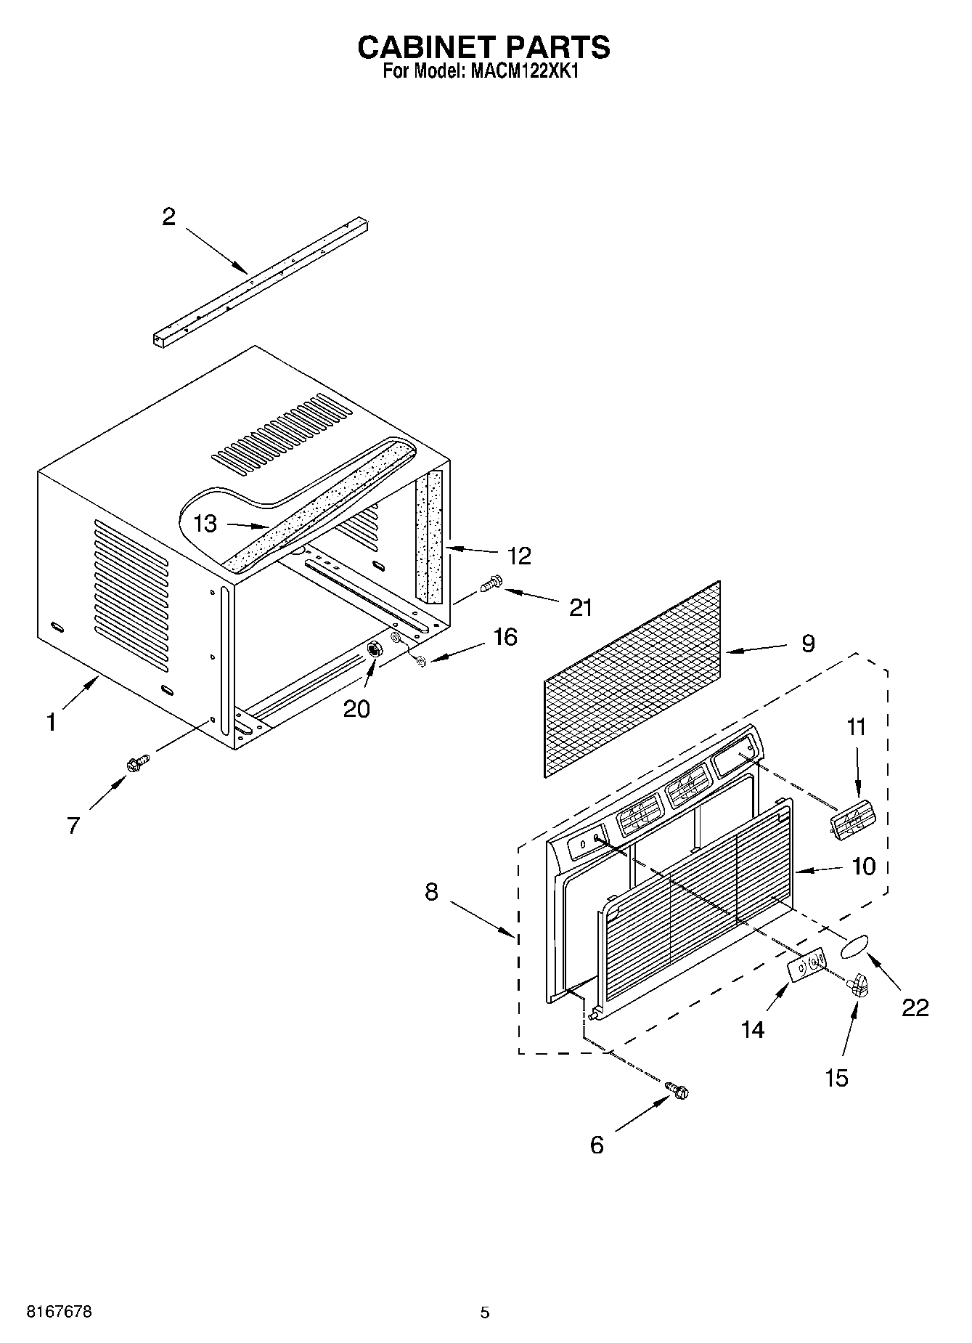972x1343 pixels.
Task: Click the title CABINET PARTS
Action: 484,47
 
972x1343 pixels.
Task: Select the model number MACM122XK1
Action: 522,72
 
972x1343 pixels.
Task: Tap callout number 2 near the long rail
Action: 168,216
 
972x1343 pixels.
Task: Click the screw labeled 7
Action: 136,763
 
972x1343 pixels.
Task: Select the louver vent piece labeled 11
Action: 853,821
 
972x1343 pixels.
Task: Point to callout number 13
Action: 206,523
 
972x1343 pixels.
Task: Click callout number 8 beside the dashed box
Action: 432,891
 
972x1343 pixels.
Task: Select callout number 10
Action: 864,866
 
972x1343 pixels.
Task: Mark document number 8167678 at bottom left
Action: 59,1312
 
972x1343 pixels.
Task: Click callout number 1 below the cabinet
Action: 51,722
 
